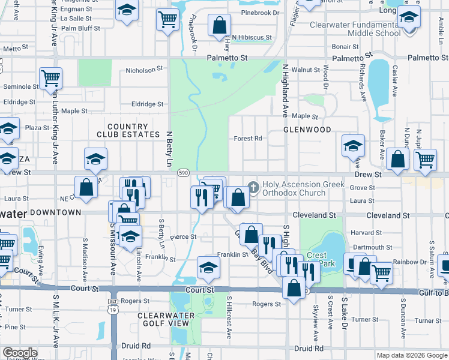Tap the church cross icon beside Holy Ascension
(253, 188)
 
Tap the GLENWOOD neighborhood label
(307, 130)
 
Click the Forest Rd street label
(248, 138)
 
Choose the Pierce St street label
(183, 237)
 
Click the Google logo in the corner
(19, 353)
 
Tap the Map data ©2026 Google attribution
(412, 355)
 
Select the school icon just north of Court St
(208, 267)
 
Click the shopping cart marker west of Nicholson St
(51, 78)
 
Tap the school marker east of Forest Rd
(354, 146)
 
